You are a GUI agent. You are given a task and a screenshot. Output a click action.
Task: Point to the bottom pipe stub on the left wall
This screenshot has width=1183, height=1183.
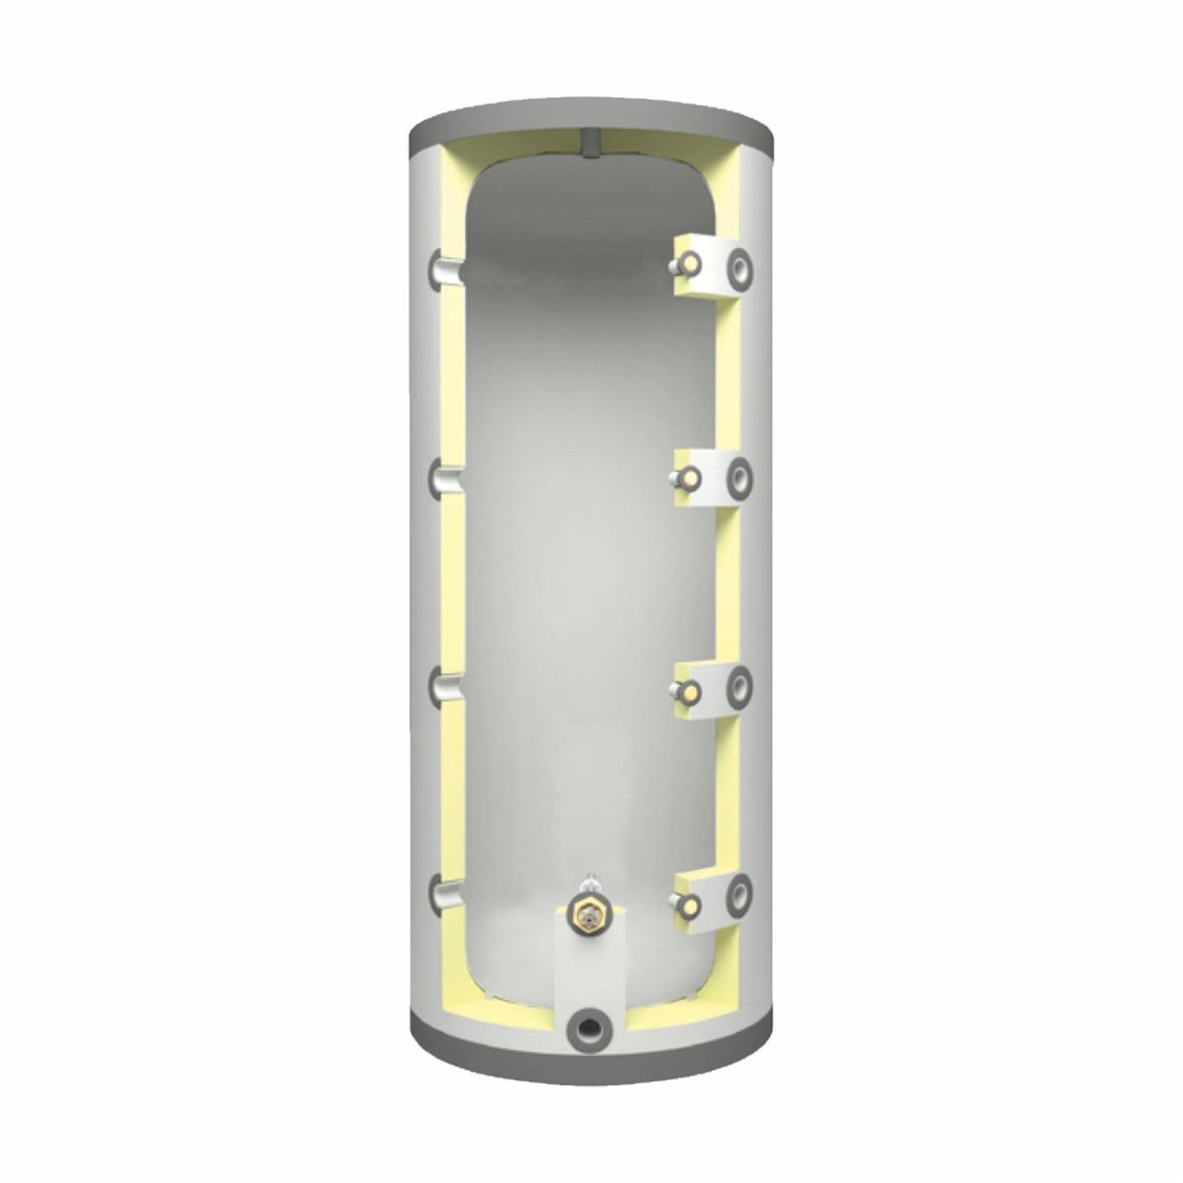(441, 895)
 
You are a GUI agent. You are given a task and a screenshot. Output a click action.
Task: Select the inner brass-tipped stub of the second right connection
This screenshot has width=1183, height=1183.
(687, 477)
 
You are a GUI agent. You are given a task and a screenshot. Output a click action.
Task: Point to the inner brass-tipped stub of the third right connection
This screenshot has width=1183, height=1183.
(687, 692)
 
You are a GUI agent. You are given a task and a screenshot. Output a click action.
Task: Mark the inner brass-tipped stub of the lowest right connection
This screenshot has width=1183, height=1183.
(687, 903)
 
